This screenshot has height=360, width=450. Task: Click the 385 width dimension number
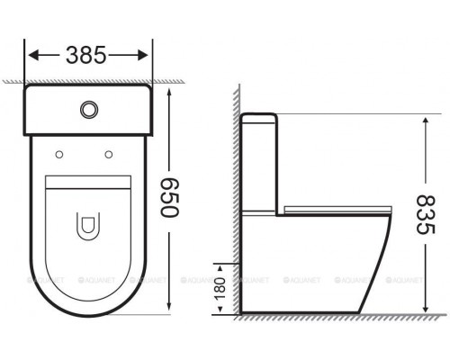(x=87, y=56)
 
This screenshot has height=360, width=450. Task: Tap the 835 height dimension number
(x=429, y=215)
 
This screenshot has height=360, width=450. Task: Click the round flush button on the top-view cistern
(x=88, y=109)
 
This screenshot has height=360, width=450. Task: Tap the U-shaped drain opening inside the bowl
(x=88, y=226)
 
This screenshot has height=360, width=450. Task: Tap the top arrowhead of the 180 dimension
(x=221, y=265)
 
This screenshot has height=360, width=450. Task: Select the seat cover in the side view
(x=333, y=208)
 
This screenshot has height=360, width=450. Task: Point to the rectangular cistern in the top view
(x=88, y=109)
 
